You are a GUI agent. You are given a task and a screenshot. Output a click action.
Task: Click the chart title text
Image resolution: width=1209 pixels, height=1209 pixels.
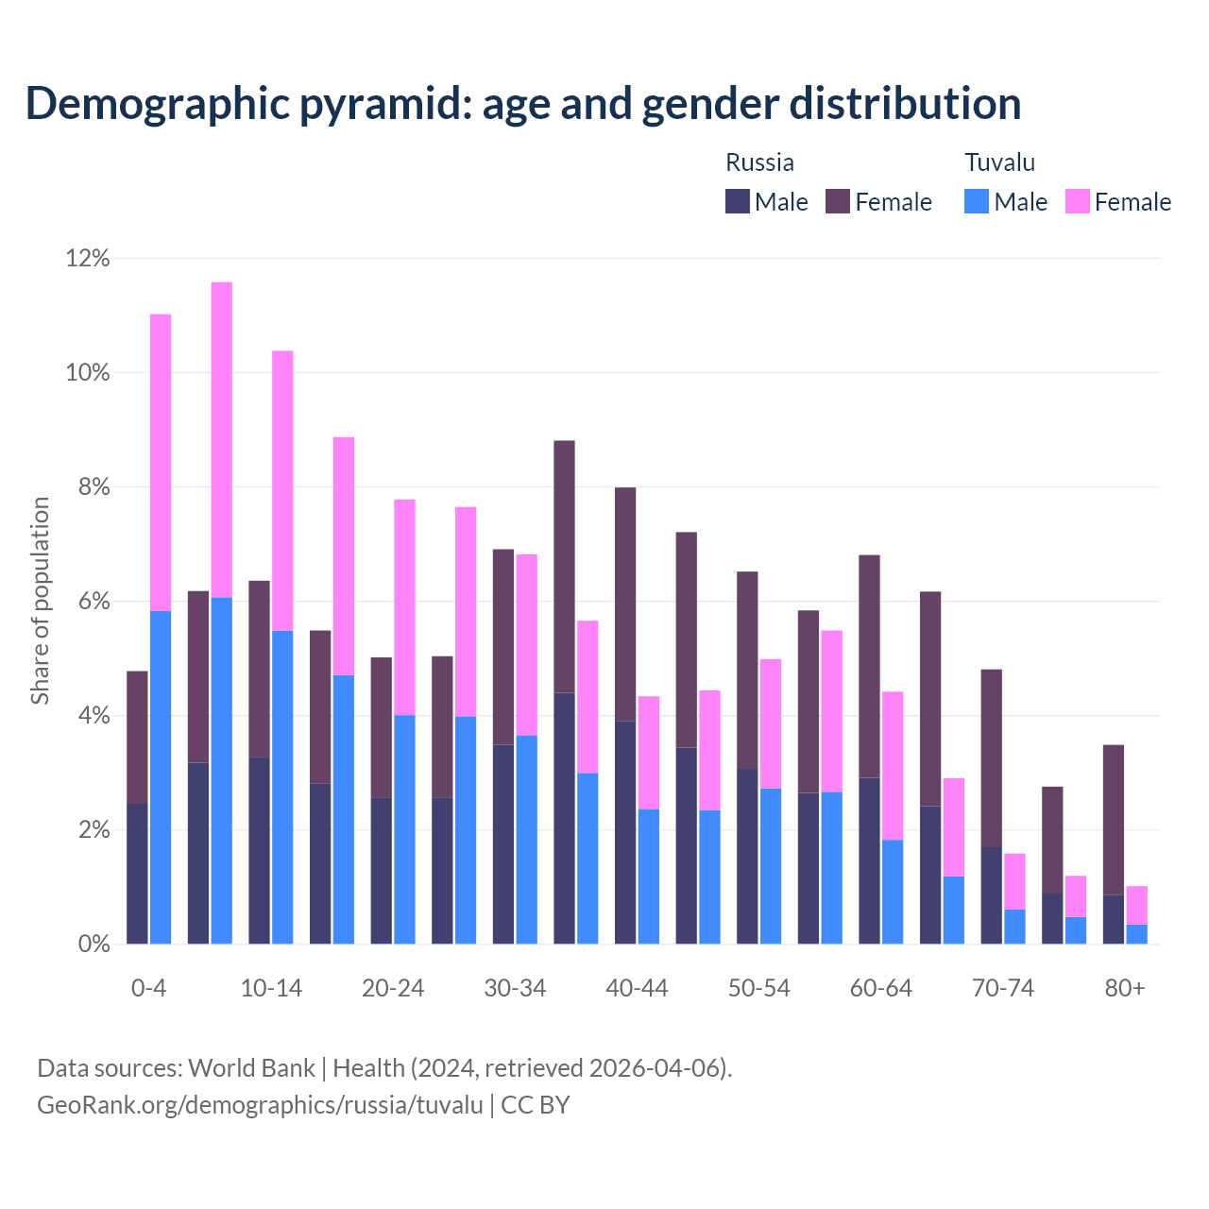point(523,104)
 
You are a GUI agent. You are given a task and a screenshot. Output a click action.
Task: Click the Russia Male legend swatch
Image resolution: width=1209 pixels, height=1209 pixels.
point(737,201)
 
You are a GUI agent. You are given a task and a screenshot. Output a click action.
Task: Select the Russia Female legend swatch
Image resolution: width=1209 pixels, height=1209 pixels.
point(838,201)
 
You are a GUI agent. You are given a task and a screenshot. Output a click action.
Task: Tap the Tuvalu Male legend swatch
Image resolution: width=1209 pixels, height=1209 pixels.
point(977,201)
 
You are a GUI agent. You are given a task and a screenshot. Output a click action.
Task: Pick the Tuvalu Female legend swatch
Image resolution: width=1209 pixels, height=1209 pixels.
point(1077,201)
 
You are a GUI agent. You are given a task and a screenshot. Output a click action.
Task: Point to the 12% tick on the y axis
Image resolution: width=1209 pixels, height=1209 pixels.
point(88,258)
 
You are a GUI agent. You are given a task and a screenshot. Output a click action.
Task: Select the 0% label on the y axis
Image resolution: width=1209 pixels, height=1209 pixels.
point(93,945)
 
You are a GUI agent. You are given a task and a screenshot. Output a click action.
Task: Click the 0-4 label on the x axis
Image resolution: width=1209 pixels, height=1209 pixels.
point(148,989)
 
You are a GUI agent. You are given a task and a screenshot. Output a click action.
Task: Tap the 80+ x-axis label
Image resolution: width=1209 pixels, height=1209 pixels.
point(1124,989)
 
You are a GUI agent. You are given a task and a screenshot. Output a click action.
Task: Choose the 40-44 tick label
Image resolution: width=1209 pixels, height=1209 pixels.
point(637,989)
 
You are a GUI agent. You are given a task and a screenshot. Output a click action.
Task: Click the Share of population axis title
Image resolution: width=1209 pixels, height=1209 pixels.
point(40,601)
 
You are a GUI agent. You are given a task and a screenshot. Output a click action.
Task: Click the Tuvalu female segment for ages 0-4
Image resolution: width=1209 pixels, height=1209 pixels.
point(161,462)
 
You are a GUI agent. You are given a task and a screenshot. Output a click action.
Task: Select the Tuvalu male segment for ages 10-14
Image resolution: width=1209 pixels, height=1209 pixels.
point(282,787)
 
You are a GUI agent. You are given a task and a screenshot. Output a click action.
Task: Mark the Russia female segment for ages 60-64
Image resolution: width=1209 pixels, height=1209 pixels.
point(869,666)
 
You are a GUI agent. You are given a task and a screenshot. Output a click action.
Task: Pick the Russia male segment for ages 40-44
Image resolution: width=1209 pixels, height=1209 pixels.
point(625,832)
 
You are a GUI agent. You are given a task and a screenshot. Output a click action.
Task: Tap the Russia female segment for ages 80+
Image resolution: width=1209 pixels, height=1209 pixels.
point(1114,819)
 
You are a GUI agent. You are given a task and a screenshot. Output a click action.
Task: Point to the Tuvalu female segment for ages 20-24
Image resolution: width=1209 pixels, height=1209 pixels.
point(404,606)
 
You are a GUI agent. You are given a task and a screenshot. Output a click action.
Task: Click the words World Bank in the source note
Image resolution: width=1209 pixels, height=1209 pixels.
point(251,1068)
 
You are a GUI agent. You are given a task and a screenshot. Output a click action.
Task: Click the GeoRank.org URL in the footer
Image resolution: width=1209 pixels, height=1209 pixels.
point(260,1105)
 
